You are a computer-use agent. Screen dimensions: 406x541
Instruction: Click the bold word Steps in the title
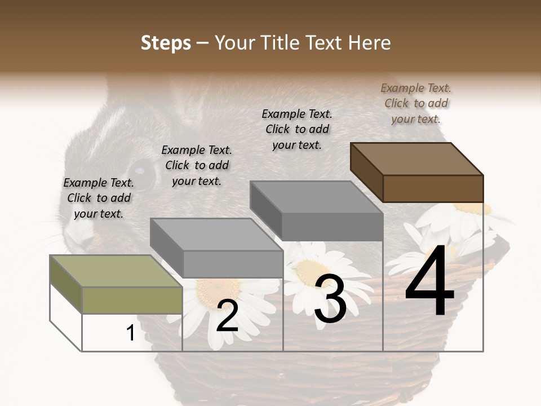166,43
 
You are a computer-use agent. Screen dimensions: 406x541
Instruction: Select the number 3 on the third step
330,301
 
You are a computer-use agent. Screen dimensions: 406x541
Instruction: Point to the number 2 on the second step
227,316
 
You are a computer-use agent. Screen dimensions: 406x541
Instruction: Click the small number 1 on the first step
130,333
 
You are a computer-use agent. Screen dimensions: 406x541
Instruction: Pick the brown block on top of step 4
417,172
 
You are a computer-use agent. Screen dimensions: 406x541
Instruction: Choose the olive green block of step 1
116,285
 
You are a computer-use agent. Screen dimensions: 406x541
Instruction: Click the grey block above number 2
217,248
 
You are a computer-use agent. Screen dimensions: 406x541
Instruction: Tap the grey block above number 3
317,211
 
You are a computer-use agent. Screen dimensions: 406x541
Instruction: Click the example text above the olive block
99,198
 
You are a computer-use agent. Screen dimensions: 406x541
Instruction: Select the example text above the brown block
416,103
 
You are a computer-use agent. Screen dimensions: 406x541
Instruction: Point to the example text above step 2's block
197,165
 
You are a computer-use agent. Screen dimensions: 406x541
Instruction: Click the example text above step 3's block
297,129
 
